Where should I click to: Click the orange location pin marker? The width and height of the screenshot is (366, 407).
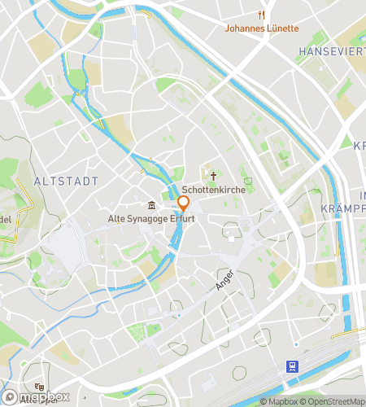183,203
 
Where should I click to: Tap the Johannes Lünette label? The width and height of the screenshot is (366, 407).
261,28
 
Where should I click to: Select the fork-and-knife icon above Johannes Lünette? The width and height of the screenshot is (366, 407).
261,15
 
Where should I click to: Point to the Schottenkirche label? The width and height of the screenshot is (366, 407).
214,189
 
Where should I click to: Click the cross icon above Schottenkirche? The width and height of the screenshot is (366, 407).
214,175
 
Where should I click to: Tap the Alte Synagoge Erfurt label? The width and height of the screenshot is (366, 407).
151,218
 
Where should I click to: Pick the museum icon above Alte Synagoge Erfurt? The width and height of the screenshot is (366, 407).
151,205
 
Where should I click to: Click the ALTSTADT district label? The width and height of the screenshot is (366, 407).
67,181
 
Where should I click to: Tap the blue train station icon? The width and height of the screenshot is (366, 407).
291,367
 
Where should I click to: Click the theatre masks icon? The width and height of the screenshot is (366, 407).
38,387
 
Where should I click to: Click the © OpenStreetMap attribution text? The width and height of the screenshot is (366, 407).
334,400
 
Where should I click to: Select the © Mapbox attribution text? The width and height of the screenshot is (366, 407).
280,400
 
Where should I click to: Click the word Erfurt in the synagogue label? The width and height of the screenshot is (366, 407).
182,218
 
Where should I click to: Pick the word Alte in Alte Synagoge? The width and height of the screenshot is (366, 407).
119,218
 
